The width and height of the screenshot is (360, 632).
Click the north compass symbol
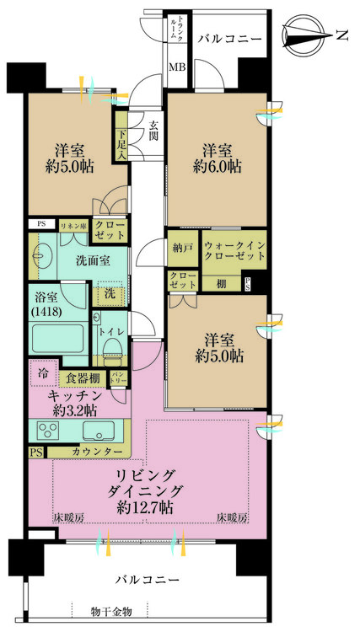pyautogui.click(x=313, y=35)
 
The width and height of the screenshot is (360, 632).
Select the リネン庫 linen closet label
pyautogui.click(x=70, y=225)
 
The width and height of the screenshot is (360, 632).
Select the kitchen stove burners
pyautogui.click(x=48, y=432)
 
